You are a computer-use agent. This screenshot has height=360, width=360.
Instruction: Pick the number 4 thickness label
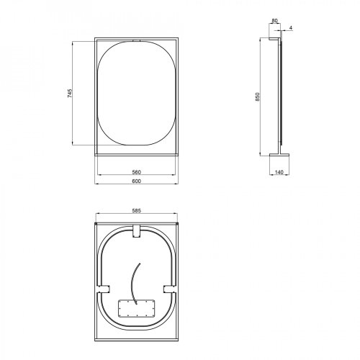(x=290, y=29)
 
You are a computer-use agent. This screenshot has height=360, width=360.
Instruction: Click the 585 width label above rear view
(x=136, y=210)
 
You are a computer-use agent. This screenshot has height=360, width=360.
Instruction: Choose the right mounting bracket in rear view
(x=171, y=289)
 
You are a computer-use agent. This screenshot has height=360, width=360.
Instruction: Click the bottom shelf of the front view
(x=136, y=152)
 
